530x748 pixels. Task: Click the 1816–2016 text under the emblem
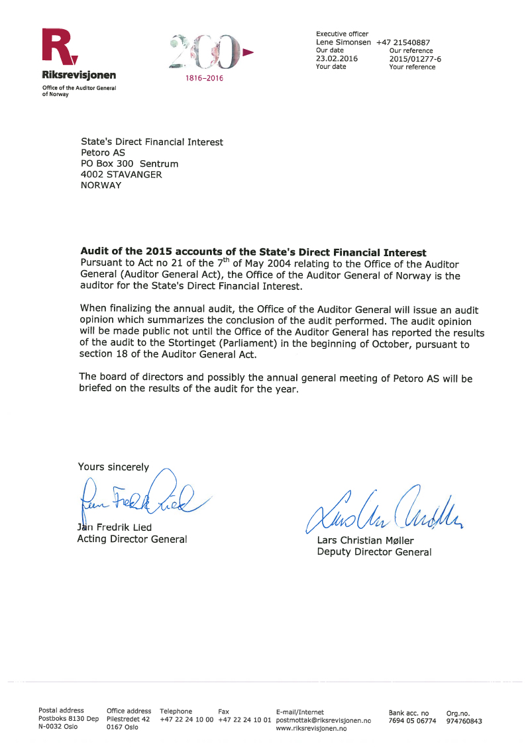click(x=205, y=78)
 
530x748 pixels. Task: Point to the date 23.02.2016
click(x=337, y=58)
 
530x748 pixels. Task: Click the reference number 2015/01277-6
click(x=415, y=59)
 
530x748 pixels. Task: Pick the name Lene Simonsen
click(x=343, y=42)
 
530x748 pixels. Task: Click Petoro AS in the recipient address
click(x=103, y=153)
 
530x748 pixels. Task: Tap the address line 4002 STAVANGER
click(x=121, y=175)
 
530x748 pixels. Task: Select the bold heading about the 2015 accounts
click(x=253, y=252)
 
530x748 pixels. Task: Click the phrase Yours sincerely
click(x=113, y=467)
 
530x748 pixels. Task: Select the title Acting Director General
click(x=132, y=539)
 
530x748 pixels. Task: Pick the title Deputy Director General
click(x=374, y=552)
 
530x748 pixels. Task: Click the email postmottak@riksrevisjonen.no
click(x=323, y=720)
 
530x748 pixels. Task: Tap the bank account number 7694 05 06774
click(x=412, y=721)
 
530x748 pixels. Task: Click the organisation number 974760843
click(x=464, y=721)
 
